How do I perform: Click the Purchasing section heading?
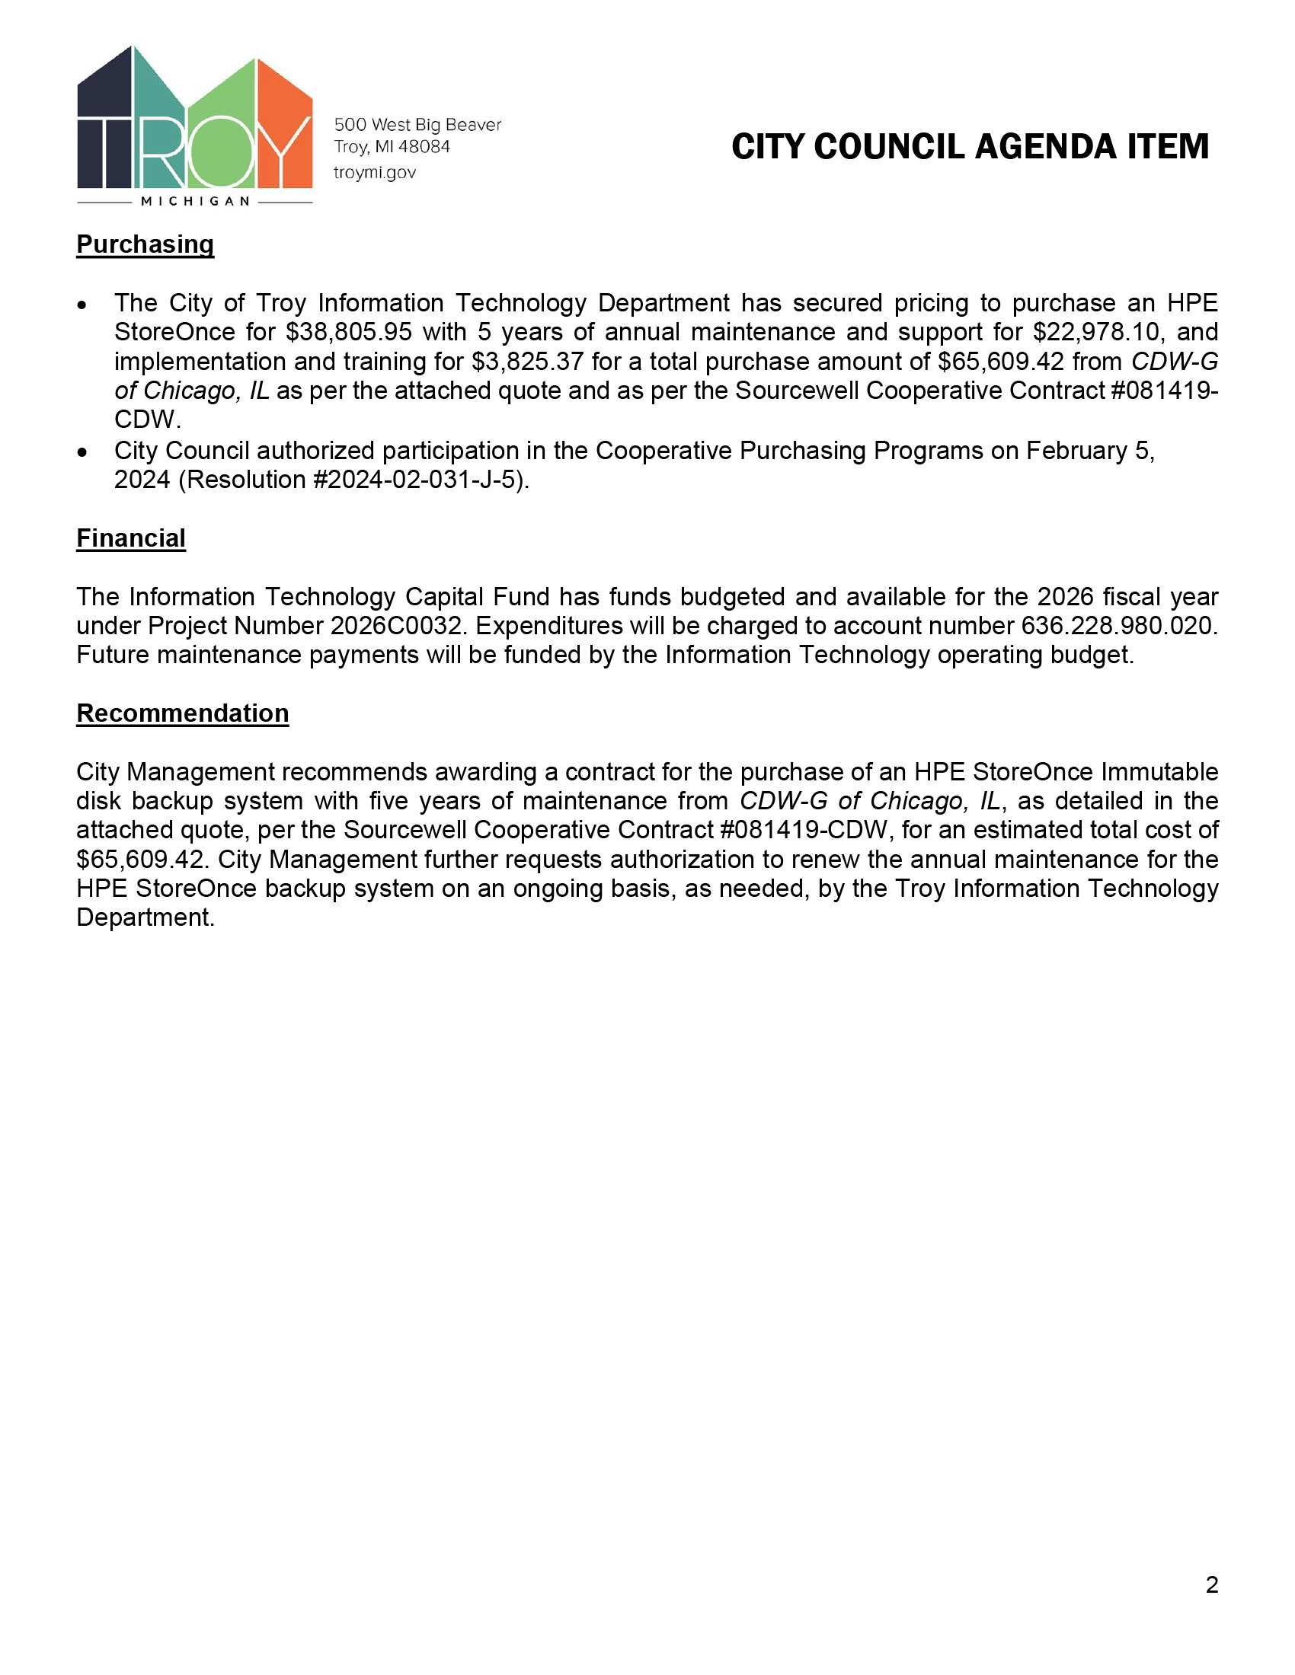coord(145,244)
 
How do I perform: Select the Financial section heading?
coord(130,538)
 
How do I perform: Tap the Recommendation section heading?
coord(183,713)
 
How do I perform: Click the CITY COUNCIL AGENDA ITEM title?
coord(970,147)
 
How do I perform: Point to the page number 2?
coord(1211,1584)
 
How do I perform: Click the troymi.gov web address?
coord(374,173)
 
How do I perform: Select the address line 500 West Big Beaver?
coord(417,124)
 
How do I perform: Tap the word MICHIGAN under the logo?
coord(195,202)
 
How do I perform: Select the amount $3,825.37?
coord(528,361)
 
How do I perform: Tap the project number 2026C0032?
coord(398,626)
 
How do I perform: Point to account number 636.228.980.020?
coord(1118,626)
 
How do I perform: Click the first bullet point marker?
coord(83,305)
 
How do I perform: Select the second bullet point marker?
coord(83,451)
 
